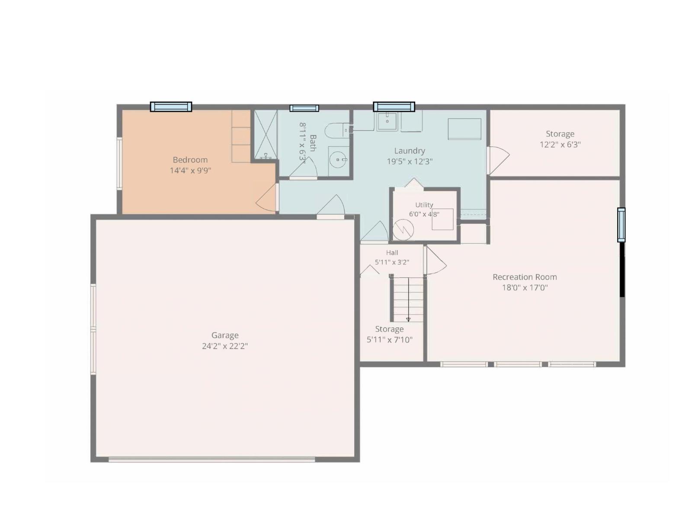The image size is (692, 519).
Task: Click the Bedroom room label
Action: tap(190, 160)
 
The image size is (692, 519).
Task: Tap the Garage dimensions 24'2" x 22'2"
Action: tap(225, 346)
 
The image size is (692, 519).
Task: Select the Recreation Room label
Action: tap(525, 277)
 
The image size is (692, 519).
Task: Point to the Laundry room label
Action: tap(410, 151)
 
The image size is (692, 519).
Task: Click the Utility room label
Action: tap(424, 205)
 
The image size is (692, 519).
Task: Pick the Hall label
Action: tap(392, 253)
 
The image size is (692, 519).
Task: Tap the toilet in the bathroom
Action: tap(337, 131)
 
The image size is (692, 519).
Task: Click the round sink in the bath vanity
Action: tap(338, 160)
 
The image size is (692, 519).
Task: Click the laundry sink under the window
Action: tap(387, 120)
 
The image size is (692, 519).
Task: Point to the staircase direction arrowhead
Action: tap(408, 320)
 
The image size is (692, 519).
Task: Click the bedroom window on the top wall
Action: tap(171, 107)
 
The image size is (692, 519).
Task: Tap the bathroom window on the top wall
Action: tap(304, 109)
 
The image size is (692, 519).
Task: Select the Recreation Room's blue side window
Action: tap(621, 225)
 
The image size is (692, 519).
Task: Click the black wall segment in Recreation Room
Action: tap(622, 269)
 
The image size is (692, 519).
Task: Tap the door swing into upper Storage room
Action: tap(498, 160)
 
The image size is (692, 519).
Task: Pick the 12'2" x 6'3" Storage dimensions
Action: tap(560, 144)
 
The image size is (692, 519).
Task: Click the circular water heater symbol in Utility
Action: tap(403, 230)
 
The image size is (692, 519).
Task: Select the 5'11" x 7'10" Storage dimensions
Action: tap(389, 340)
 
